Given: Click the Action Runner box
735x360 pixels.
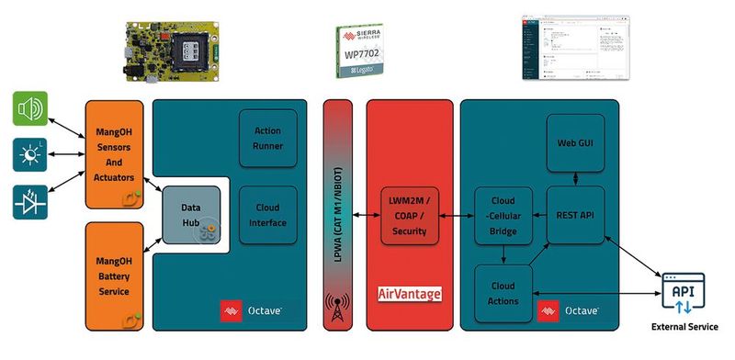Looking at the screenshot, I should tap(267, 137).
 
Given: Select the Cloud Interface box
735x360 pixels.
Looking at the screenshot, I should tap(267, 214).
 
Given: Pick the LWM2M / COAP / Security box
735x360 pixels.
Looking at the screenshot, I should tap(409, 216).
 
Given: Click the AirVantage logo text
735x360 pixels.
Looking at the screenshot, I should tap(410, 295).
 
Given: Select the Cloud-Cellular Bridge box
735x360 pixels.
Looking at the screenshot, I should tap(503, 216).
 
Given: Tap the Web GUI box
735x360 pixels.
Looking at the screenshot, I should tap(573, 143).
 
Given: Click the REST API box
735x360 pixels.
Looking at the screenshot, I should tap(573, 216).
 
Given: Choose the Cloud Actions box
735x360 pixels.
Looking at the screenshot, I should tap(503, 294).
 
